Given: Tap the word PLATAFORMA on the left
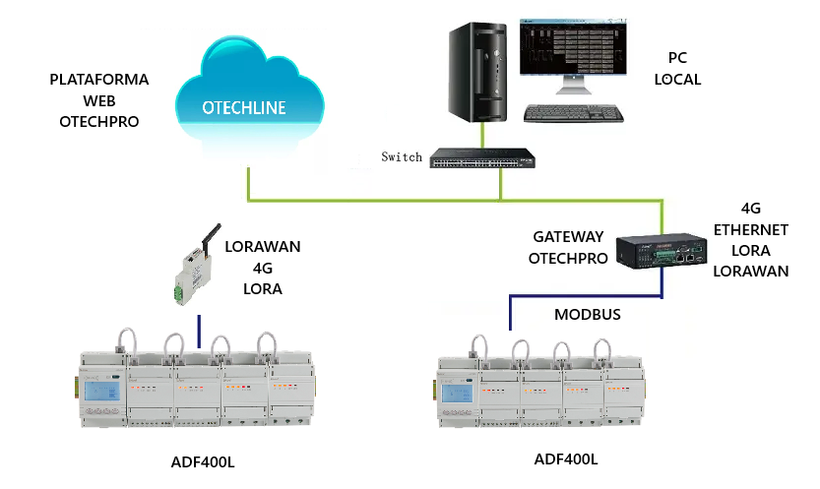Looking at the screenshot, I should (98, 80).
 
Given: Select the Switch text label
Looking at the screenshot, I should (402, 156).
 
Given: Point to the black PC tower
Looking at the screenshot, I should (480, 70).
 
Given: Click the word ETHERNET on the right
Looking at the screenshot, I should (751, 229).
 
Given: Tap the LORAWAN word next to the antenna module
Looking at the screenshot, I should (262, 247).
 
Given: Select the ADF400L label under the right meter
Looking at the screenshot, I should (566, 458).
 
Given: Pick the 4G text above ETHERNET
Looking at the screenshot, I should (751, 209).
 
